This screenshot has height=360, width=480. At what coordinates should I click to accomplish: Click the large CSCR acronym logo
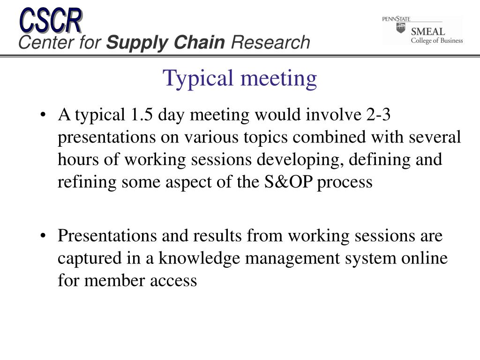click(x=51, y=20)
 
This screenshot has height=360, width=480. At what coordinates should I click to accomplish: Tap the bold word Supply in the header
click(x=137, y=43)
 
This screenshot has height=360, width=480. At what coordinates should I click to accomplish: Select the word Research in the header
click(x=270, y=42)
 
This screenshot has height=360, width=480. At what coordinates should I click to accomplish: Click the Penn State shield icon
click(x=401, y=28)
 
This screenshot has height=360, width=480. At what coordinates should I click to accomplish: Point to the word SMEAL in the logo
click(x=427, y=31)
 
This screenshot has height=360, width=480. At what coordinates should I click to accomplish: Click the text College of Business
click(x=437, y=40)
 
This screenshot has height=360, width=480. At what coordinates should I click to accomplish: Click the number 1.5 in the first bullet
click(x=142, y=115)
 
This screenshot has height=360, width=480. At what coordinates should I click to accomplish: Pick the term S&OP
click(x=288, y=182)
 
